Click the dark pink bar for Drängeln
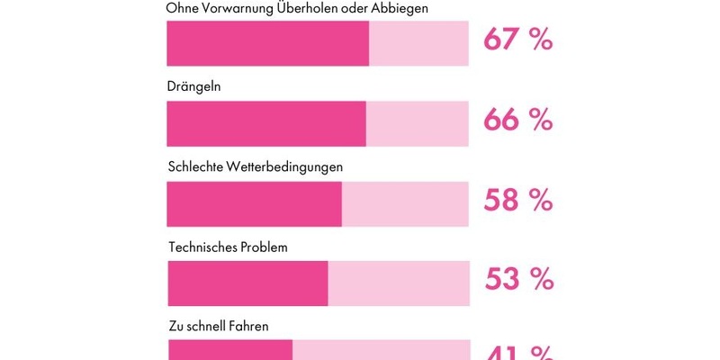point(266,123)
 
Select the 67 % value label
point(517,40)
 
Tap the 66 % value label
point(517,121)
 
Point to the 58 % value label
point(517,201)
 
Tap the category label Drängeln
point(194,87)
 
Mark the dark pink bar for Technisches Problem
point(247,283)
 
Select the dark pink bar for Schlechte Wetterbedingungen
point(255,203)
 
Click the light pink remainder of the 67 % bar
point(418,43)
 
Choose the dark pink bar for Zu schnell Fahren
point(230,350)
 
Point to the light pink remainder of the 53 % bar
point(399,283)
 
